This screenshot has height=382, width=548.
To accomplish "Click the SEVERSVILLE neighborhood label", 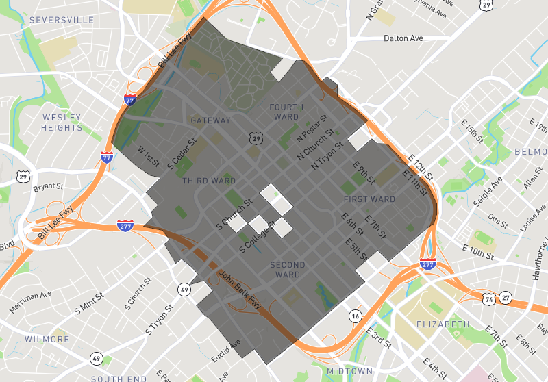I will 62,21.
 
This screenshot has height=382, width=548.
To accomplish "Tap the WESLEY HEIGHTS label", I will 62,123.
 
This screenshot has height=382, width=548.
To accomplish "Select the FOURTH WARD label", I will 284,112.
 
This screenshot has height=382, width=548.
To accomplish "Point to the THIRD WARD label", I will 209,181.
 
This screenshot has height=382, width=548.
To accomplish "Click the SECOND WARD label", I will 288,270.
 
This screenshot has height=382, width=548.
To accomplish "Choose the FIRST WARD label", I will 369,199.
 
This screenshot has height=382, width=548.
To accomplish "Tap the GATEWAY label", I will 211,120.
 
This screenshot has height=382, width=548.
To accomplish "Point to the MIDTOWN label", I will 349,371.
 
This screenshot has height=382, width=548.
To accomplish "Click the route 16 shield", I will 355,316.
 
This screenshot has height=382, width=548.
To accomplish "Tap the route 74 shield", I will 488,298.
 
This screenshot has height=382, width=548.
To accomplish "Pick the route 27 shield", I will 505,298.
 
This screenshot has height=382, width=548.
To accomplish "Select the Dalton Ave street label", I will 403,39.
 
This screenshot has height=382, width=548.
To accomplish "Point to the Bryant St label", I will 48,186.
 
